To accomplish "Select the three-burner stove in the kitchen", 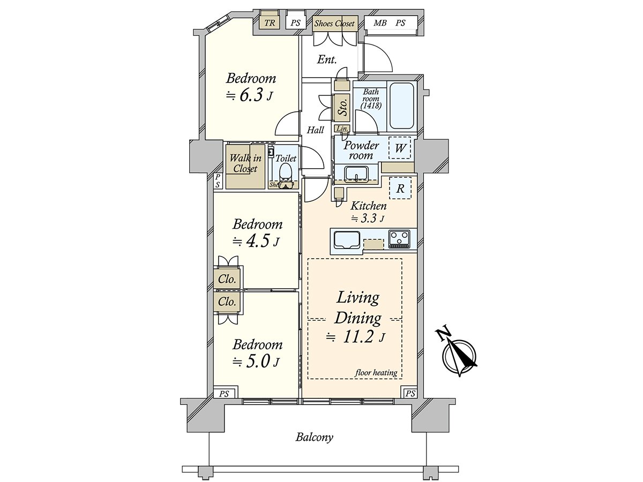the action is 399,239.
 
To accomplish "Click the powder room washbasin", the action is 356,174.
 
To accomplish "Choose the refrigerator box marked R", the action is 400,188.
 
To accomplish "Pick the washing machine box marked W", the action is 400,148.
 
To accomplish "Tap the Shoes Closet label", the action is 334,24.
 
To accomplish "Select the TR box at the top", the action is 270,23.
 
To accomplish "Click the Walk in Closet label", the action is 245,163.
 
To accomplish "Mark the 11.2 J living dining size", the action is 355,337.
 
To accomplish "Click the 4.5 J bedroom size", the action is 256,242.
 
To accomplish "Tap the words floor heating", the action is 376,373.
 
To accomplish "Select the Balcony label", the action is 315,446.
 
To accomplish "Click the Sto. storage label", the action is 343,107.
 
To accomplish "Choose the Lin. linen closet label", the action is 342,128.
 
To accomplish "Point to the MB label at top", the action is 380,23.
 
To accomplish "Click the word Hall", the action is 315,130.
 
